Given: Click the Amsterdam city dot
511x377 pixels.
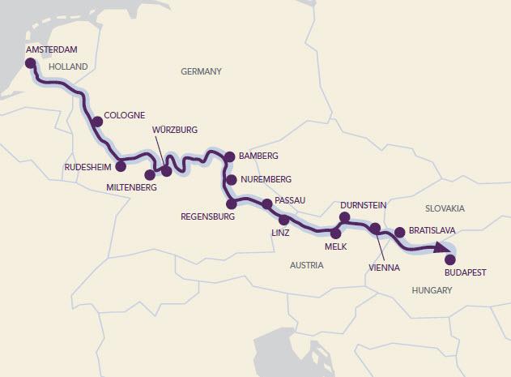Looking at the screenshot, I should point(31,62).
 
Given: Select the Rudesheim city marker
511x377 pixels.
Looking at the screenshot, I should point(121,167).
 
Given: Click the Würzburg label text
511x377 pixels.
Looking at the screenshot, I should point(175,130).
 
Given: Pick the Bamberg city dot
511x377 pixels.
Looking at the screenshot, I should point(229,156).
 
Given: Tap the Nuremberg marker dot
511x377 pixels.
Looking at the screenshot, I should point(231,179).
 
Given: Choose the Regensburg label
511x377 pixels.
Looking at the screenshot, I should point(209,217).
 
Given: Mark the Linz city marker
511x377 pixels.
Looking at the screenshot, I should point(283,220).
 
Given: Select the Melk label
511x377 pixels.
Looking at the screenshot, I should point(335,246).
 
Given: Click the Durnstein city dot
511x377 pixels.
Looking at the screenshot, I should point(344,217).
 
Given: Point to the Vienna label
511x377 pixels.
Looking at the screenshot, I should point(384,265).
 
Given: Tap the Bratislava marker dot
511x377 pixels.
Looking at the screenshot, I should point(399,231).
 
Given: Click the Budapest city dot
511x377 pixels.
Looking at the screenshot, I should point(451,259).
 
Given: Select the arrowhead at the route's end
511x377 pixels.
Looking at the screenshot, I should point(442,247).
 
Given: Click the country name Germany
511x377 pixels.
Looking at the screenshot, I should point(201,71).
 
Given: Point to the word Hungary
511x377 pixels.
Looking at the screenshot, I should point(431,289).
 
